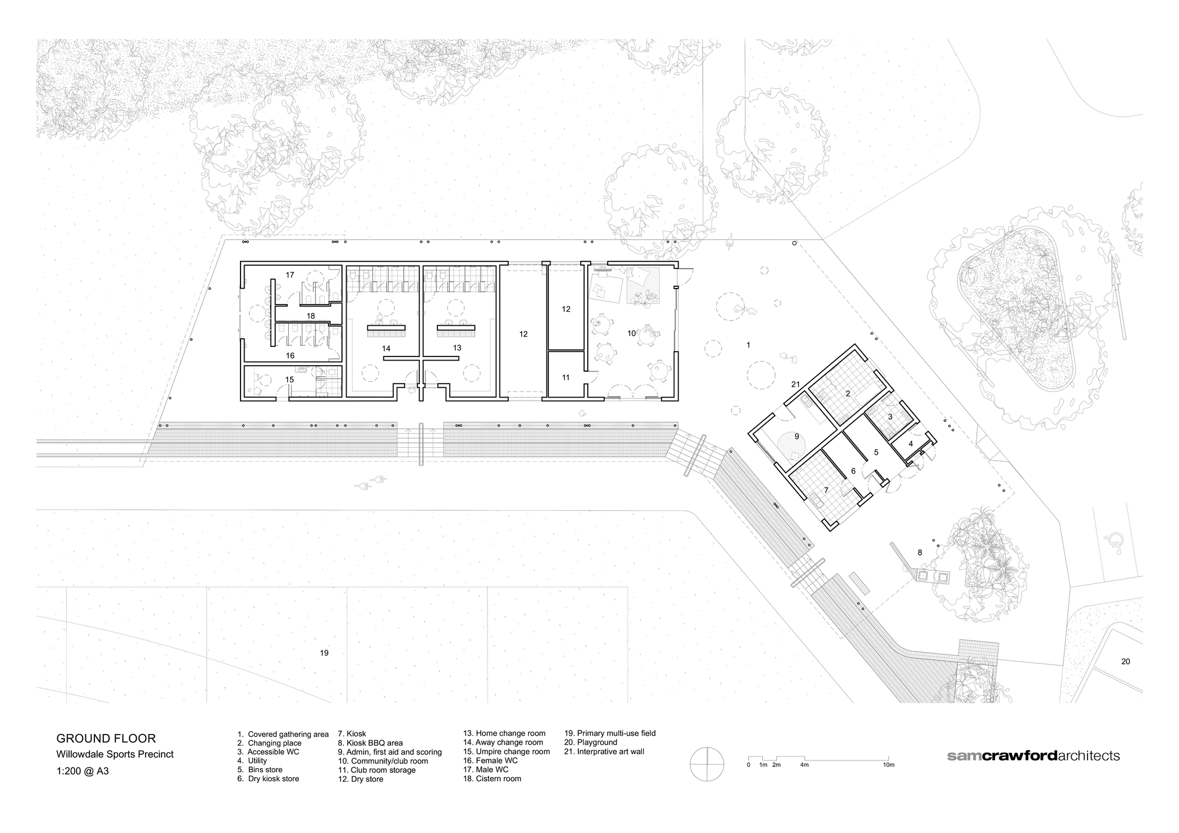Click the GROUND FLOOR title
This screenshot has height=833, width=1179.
click(x=106, y=738)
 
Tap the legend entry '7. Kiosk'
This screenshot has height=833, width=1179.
click(x=352, y=734)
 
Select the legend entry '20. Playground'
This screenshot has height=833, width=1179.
click(x=591, y=742)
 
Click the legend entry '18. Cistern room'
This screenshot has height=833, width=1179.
click(x=492, y=778)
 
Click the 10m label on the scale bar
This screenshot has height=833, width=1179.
click(x=888, y=765)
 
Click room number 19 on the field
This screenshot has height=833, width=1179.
click(x=324, y=653)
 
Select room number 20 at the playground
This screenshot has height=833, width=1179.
click(x=1125, y=662)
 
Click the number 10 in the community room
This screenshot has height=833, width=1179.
click(x=631, y=333)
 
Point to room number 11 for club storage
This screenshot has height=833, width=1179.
click(x=565, y=377)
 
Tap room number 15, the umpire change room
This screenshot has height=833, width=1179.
click(x=289, y=380)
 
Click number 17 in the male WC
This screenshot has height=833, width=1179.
click(x=289, y=275)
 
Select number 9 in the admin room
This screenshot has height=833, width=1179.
click(x=796, y=437)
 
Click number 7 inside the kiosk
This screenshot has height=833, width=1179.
click(x=826, y=490)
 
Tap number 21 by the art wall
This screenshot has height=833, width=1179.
click(x=795, y=385)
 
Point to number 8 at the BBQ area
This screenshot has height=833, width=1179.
click(x=920, y=553)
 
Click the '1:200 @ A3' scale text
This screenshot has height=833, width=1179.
click(x=83, y=769)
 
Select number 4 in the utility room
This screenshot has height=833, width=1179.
click(x=910, y=444)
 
